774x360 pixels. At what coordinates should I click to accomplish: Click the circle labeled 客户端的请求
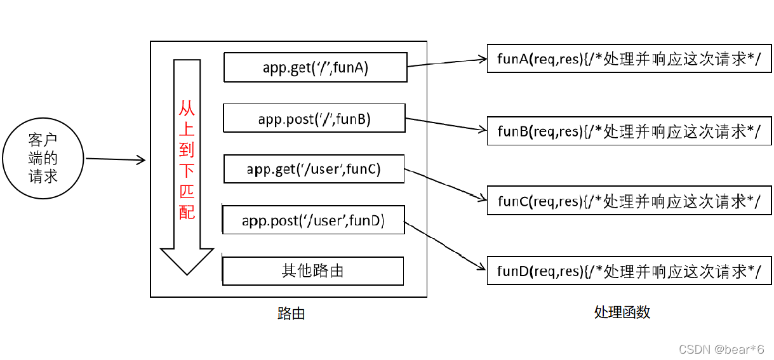[43, 158]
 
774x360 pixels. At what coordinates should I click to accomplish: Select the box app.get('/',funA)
[315, 67]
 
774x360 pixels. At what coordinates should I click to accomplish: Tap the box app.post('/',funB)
[314, 118]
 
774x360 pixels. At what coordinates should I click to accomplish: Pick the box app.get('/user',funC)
[314, 169]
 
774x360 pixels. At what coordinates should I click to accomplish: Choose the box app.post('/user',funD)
[313, 220]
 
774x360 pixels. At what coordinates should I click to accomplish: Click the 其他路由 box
[313, 270]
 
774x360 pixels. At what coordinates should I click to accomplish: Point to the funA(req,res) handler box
[629, 59]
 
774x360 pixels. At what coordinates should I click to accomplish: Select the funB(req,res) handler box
[629, 131]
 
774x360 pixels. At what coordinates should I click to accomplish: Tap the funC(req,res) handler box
[629, 201]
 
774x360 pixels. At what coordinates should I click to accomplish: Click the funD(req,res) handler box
[629, 271]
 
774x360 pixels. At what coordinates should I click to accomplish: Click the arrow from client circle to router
[116, 159]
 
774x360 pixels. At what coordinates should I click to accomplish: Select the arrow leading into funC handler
[445, 184]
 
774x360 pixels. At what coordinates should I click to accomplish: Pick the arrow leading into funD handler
[445, 245]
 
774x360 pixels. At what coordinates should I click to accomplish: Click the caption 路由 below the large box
[291, 313]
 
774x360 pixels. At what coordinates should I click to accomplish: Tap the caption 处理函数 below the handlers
[622, 312]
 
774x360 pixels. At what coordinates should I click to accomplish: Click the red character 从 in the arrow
[187, 109]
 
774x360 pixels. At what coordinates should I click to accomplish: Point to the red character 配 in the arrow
[187, 211]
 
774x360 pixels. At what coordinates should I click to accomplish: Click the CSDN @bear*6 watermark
[721, 349]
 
